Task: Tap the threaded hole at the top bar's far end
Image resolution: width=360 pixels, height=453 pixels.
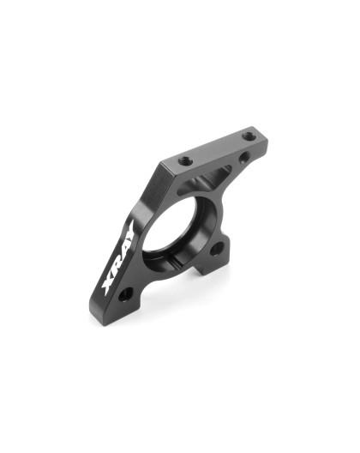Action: pos(248,135)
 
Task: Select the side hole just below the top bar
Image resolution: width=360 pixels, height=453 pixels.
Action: pos(245,157)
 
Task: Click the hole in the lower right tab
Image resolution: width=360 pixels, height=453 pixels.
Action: pos(215,248)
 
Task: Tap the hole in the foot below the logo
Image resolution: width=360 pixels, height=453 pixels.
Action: pos(125,294)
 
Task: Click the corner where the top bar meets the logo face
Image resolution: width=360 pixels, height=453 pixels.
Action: pos(159,167)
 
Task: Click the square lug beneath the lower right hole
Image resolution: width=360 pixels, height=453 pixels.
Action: pos(211,266)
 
